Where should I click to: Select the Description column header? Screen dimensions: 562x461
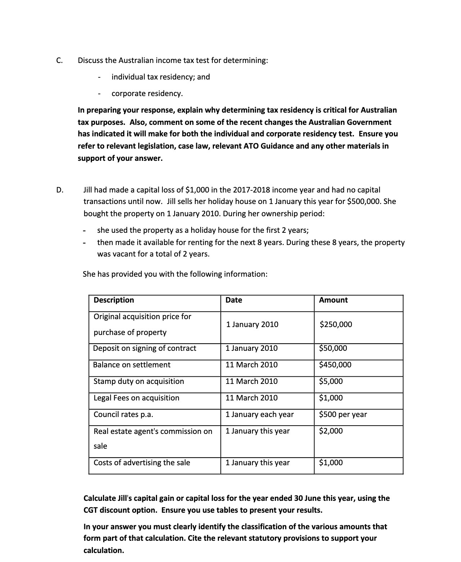(114, 300)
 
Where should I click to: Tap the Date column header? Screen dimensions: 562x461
(234, 300)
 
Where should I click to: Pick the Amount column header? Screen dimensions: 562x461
(334, 300)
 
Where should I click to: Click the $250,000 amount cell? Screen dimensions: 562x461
(336, 325)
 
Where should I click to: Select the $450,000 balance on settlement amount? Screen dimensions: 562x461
(335, 365)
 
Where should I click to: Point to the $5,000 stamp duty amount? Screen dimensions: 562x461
(331, 381)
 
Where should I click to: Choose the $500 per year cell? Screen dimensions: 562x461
(343, 414)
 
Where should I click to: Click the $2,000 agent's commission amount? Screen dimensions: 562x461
(331, 431)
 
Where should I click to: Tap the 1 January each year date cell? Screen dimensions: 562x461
(259, 414)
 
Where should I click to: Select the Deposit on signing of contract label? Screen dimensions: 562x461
(145, 348)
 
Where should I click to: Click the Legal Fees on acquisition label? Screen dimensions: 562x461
(136, 398)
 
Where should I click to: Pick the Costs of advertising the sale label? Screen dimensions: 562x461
(142, 463)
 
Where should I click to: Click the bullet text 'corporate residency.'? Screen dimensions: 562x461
(147, 94)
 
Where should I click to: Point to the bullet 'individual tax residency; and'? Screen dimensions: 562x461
(161, 77)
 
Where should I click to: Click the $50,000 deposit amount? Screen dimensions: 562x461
(333, 348)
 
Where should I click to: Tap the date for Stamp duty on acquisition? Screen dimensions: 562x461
(251, 381)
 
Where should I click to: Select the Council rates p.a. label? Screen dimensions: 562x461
(124, 414)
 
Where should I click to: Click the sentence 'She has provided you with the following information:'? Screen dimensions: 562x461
(175, 274)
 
